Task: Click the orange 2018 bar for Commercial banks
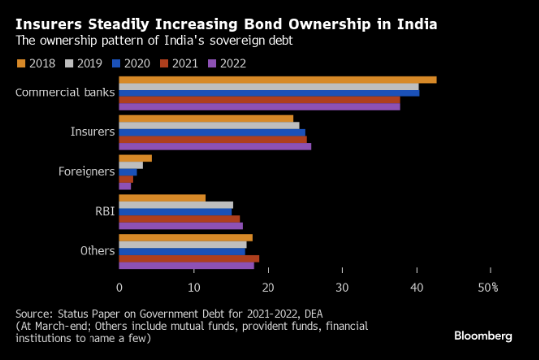tap(277, 80)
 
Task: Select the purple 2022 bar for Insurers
tap(215, 147)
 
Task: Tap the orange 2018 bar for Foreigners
tap(135, 158)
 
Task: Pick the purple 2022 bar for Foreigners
tap(125, 186)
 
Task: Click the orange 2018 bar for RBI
tap(162, 198)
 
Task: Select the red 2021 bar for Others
tap(189, 259)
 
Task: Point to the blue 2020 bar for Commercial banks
tap(269, 93)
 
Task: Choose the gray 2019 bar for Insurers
tap(210, 126)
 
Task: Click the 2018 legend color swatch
tap(21, 64)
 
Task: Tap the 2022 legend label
tap(233, 64)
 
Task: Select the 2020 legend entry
tap(131, 64)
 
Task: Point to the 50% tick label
tap(488, 288)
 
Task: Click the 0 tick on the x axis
tap(119, 288)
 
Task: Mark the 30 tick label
tap(342, 288)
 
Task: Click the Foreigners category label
tap(87, 171)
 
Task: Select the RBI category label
tap(105, 211)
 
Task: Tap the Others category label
tap(97, 251)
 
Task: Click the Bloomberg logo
tap(483, 336)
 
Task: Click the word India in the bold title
tap(417, 24)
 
